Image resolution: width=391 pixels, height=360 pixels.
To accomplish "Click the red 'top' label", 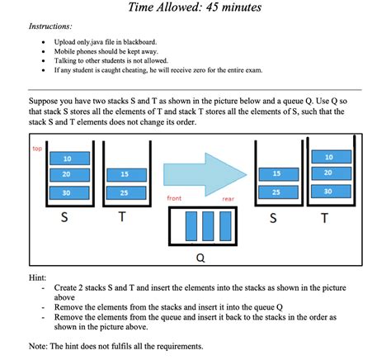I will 36,149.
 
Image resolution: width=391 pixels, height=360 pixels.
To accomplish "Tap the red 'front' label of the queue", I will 174,199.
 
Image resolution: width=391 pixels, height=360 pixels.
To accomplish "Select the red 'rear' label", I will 228,199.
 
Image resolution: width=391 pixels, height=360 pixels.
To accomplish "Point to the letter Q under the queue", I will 200,256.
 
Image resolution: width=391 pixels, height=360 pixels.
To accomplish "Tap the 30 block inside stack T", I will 327,191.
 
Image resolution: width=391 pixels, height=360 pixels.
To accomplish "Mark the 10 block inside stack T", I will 327,156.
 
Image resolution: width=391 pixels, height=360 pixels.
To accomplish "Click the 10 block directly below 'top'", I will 66,158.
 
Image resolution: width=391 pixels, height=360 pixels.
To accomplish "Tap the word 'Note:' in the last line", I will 39,345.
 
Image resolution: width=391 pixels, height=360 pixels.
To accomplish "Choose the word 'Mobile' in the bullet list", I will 65,51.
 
